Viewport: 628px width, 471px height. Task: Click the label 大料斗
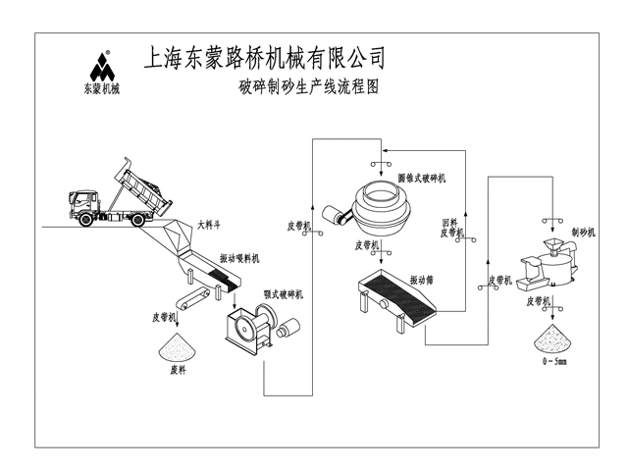(208, 224)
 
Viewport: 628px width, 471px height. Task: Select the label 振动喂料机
(239, 258)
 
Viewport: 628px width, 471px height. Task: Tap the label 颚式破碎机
(284, 293)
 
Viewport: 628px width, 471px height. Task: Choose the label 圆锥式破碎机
(423, 178)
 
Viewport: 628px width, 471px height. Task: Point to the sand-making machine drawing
(546, 263)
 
